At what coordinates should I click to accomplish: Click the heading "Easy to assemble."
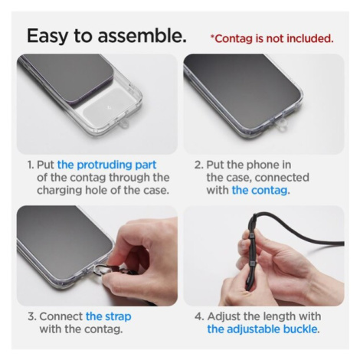106,36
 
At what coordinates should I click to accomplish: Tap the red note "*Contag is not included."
272,38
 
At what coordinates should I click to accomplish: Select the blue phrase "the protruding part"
106,165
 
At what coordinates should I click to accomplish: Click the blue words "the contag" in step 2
260,190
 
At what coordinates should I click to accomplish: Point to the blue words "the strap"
109,316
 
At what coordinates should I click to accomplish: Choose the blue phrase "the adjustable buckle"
262,329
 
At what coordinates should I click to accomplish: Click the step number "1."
31,165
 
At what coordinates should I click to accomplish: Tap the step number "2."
199,165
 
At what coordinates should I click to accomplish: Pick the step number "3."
32,316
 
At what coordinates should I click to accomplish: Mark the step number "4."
199,316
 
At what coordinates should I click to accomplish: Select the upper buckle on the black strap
250,235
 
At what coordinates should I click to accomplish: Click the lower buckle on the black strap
252,263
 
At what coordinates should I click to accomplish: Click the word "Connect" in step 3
61,316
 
